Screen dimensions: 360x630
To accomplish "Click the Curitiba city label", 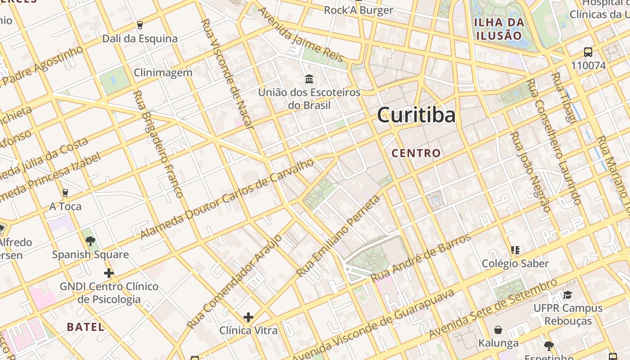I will coord(416,115).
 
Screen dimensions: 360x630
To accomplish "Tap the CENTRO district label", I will coord(416,153).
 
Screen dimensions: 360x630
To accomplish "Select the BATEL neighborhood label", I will coord(85,327).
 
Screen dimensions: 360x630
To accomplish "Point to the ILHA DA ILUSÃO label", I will coord(499,29).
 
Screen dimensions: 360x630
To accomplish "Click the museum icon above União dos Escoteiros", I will coord(309,79).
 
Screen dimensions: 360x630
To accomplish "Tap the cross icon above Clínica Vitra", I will coord(248,317).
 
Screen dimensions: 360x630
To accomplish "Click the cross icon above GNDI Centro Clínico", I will coord(108,273).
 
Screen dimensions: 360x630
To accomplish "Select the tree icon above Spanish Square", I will coord(90,241).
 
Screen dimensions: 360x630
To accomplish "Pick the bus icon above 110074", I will coord(588,52).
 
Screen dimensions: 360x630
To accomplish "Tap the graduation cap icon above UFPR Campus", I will coord(567,295).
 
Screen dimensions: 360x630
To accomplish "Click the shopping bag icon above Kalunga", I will coord(498,330).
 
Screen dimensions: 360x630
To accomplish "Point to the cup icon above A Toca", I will coord(65,193).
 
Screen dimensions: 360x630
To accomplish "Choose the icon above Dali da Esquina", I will coord(140,25).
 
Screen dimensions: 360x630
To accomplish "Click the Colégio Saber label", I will coord(515,263).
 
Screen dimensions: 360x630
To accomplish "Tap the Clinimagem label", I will coord(163,72).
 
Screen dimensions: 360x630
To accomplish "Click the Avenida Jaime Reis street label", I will coord(301,34).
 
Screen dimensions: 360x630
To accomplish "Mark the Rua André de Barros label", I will coord(421,258).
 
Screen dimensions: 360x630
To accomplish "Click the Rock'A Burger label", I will coord(358,10).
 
